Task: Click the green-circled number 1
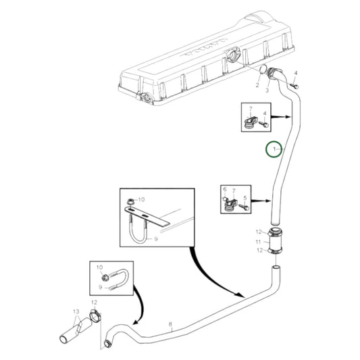(274, 149)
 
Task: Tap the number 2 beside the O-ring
(257, 85)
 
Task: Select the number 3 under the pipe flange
(267, 91)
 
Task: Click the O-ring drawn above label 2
(263, 70)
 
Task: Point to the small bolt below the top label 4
(295, 86)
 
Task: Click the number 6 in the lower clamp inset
(225, 189)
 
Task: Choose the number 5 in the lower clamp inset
(245, 198)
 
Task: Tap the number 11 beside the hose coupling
(258, 242)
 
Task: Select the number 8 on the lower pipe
(170, 324)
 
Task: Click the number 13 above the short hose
(76, 311)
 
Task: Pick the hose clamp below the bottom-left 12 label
(95, 315)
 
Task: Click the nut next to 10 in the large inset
(130, 202)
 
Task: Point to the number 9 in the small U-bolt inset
(101, 287)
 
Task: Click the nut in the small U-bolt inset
(105, 278)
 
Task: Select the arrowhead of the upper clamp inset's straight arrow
(288, 117)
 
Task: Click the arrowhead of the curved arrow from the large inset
(240, 295)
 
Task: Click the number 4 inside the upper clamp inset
(265, 113)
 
